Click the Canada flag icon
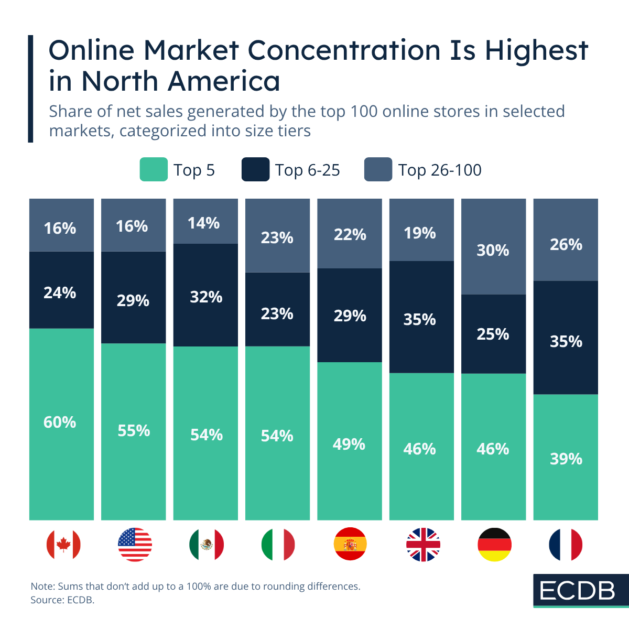click(x=63, y=545)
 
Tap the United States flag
click(x=135, y=545)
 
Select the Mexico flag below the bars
click(x=206, y=545)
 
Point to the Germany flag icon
click(x=494, y=545)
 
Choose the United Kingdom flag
click(x=423, y=545)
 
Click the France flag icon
click(x=566, y=545)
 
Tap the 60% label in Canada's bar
click(x=60, y=422)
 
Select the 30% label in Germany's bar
click(x=493, y=251)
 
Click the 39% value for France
click(x=566, y=459)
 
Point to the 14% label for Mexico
click(x=203, y=223)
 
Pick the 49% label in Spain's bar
click(x=349, y=444)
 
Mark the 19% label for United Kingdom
click(x=420, y=233)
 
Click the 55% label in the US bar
click(x=134, y=431)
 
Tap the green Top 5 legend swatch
click(x=154, y=170)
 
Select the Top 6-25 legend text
click(x=308, y=170)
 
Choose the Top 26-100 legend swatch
click(x=378, y=170)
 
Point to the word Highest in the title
click(x=536, y=51)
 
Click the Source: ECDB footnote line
click(x=62, y=600)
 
